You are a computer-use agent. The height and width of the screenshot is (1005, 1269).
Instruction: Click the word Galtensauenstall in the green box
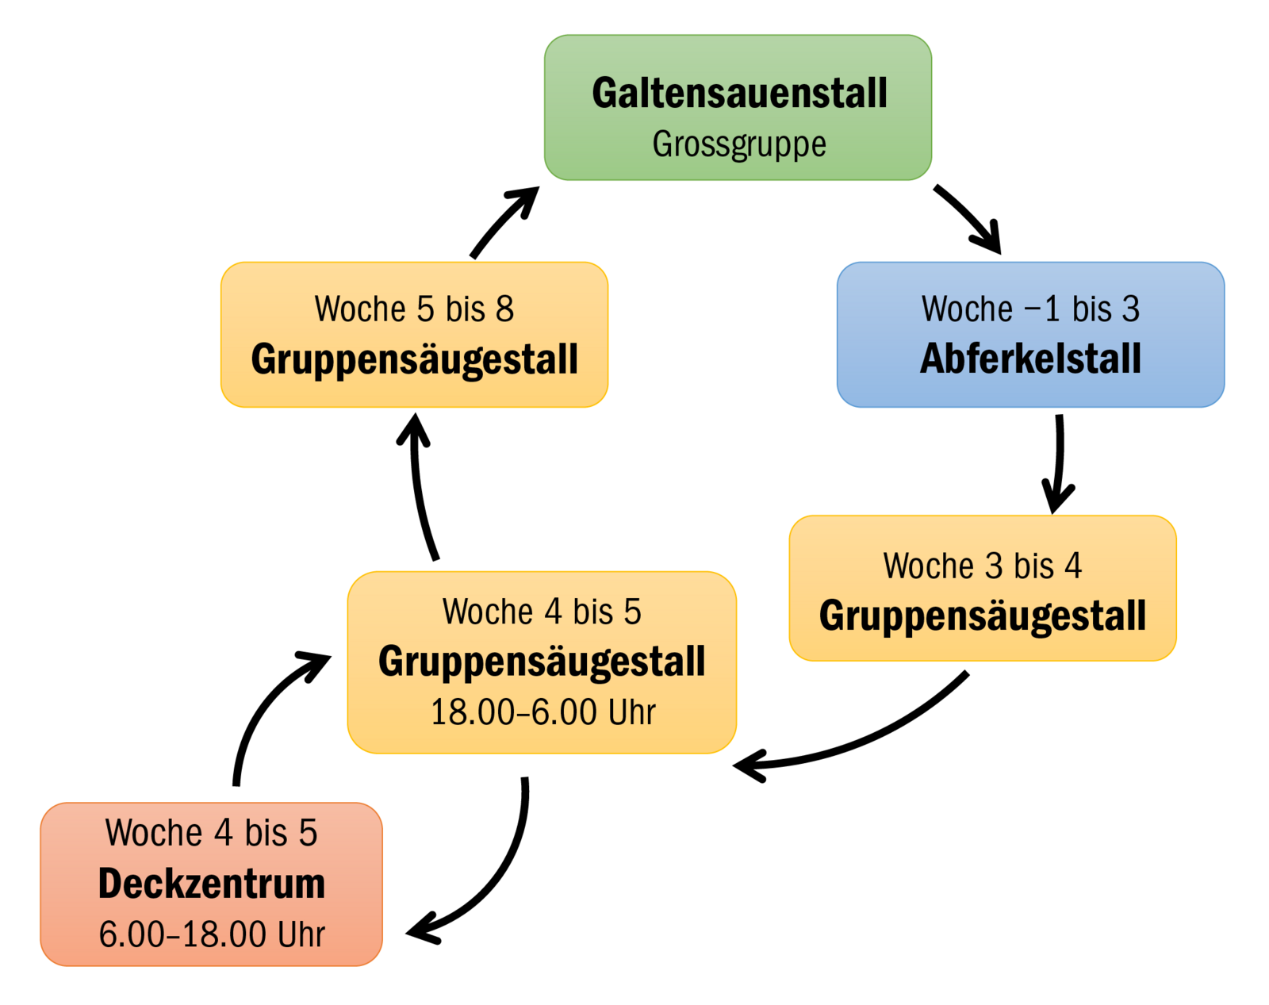(739, 94)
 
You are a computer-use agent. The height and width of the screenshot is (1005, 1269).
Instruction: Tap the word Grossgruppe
(739, 144)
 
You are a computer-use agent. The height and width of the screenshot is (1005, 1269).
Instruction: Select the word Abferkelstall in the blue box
(1030, 359)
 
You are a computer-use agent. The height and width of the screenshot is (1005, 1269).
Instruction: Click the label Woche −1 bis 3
(1030, 309)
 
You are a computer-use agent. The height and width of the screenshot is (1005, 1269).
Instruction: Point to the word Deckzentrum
(212, 884)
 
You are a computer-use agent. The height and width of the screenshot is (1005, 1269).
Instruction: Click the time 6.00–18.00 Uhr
(212, 934)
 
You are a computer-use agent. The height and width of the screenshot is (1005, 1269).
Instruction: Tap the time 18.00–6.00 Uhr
(542, 712)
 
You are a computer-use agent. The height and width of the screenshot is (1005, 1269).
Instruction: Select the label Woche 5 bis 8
(414, 309)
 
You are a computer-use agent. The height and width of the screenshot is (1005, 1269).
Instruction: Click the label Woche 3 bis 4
(983, 566)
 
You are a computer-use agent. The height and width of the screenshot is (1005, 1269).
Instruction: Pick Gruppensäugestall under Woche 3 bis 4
(983, 616)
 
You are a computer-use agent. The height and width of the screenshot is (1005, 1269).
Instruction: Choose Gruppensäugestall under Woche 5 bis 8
(414, 359)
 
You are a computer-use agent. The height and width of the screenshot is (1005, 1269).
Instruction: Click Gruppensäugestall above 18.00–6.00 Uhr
(542, 662)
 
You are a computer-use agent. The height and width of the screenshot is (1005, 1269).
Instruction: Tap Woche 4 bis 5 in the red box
(212, 833)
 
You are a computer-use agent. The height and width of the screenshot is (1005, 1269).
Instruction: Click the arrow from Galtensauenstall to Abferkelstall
(969, 218)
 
